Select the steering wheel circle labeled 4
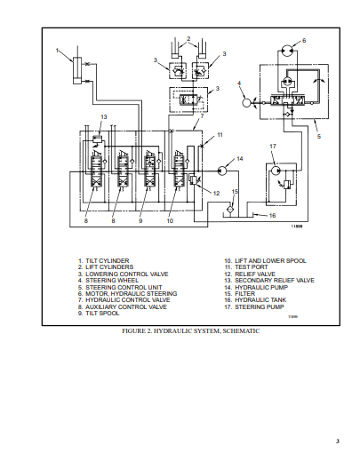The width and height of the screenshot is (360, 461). tap(247, 101)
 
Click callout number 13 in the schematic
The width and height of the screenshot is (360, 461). tap(104, 116)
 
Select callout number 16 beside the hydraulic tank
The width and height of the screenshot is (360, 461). tap(273, 215)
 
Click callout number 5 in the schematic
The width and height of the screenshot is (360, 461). tap(317, 137)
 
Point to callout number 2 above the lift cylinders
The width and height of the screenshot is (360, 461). tap(187, 39)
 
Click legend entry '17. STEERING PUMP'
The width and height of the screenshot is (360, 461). tap(257, 306)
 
